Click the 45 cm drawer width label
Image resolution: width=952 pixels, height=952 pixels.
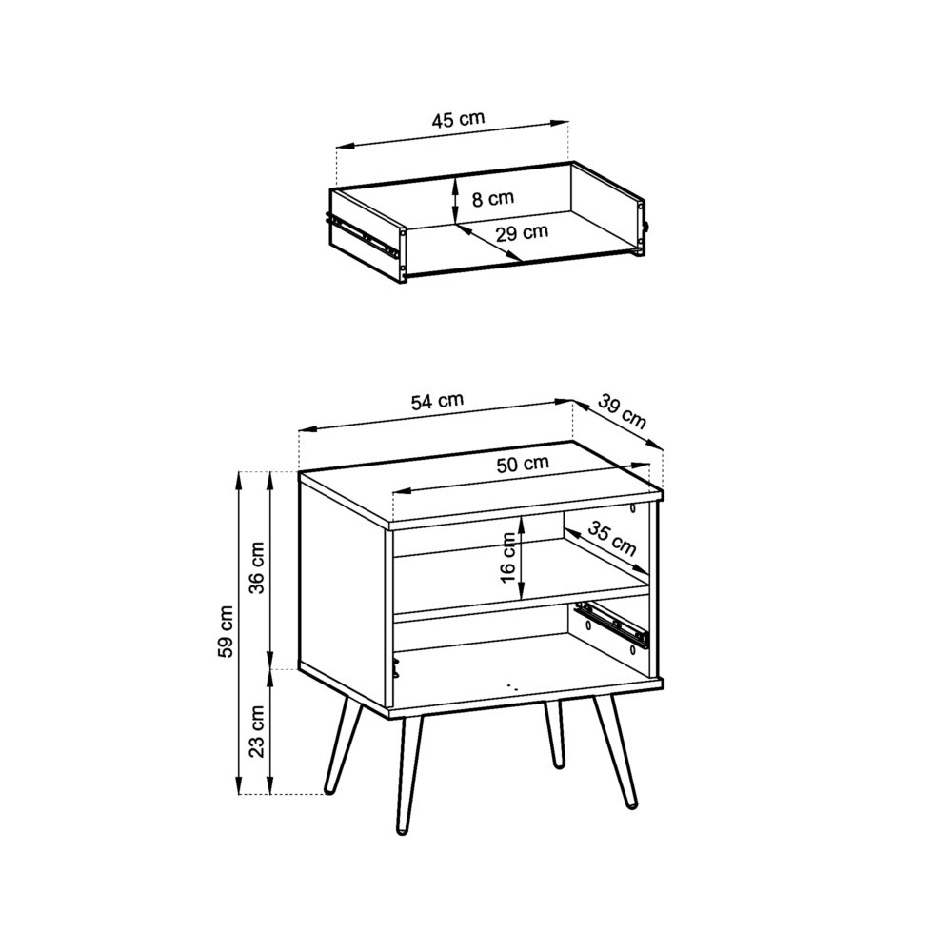458,120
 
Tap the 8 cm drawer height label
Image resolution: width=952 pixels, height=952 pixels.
492,199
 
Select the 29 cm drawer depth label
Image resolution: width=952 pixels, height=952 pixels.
523,231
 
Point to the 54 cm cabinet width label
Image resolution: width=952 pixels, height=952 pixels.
437,402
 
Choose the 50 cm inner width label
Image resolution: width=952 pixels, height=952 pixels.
523,464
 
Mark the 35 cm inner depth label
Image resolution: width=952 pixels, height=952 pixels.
611,539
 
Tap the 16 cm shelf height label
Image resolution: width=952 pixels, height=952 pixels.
508,558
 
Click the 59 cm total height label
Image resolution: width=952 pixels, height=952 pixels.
226,631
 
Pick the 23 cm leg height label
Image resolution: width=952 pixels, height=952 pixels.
256,731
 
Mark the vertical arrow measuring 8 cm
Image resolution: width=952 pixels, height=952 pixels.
456,201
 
